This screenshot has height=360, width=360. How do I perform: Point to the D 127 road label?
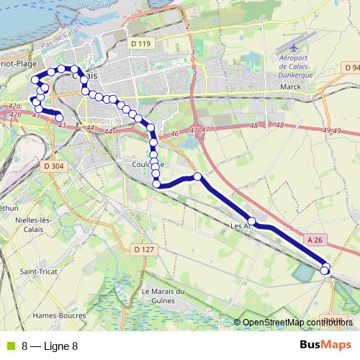pyautogui.click(x=144, y=250)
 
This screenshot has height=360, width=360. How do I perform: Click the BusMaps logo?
pyautogui.click(x=326, y=345)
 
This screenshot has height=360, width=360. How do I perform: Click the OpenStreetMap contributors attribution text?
pyautogui.click(x=296, y=323)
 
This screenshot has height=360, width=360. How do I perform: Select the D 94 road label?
pyautogui.click(x=352, y=68)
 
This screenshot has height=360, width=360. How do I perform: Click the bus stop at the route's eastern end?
pyautogui.click(x=325, y=270)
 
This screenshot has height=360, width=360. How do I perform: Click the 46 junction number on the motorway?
pyautogui.click(x=174, y=134)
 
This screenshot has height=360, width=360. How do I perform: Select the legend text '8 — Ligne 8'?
pyautogui.click(x=50, y=346)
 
